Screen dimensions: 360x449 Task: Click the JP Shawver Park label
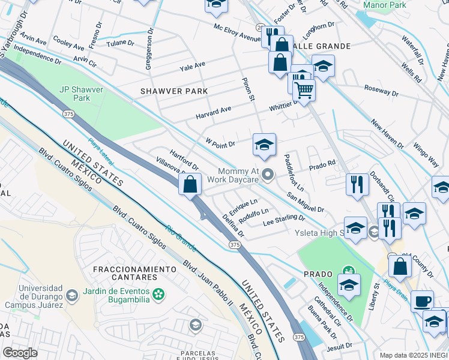(82, 94)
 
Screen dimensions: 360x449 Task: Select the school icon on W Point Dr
(264, 145)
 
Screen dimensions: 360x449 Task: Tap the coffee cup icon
(422, 300)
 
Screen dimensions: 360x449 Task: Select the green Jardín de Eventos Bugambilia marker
(158, 295)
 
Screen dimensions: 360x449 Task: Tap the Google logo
(20, 352)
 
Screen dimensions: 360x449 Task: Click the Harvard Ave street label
(213, 112)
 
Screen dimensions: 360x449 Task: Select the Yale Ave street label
(191, 64)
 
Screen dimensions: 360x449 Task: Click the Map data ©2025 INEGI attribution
(413, 355)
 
